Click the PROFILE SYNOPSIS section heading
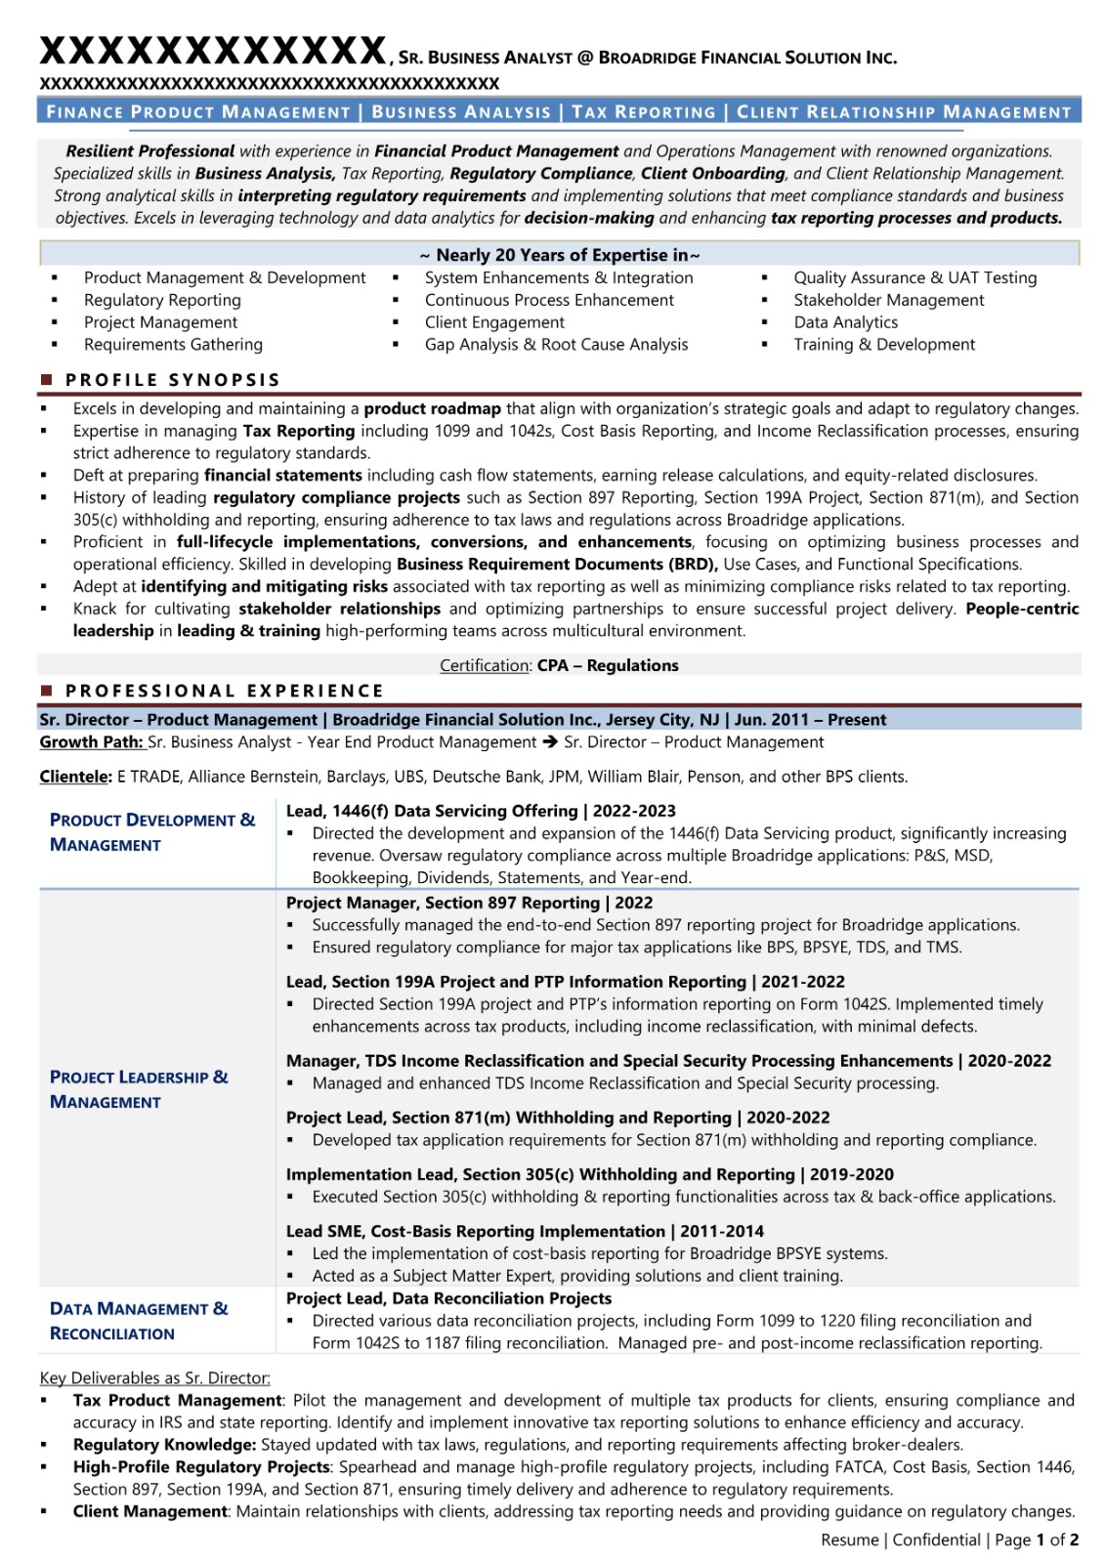point(172,380)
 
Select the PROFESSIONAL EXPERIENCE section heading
point(224,691)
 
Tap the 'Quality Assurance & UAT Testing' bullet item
point(914,278)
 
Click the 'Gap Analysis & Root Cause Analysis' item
point(556,345)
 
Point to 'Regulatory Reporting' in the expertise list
point(162,301)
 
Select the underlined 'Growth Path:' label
point(91,742)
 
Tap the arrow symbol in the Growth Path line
point(550,742)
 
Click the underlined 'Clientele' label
point(74,777)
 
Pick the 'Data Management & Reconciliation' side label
point(138,1321)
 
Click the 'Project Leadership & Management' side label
point(138,1089)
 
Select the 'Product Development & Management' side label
point(151,832)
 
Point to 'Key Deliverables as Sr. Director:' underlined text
point(154,1378)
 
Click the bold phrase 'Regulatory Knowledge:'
point(164,1445)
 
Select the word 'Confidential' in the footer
point(936,1541)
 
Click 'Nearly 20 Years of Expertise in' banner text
point(560,255)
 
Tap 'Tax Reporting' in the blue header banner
point(643,112)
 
